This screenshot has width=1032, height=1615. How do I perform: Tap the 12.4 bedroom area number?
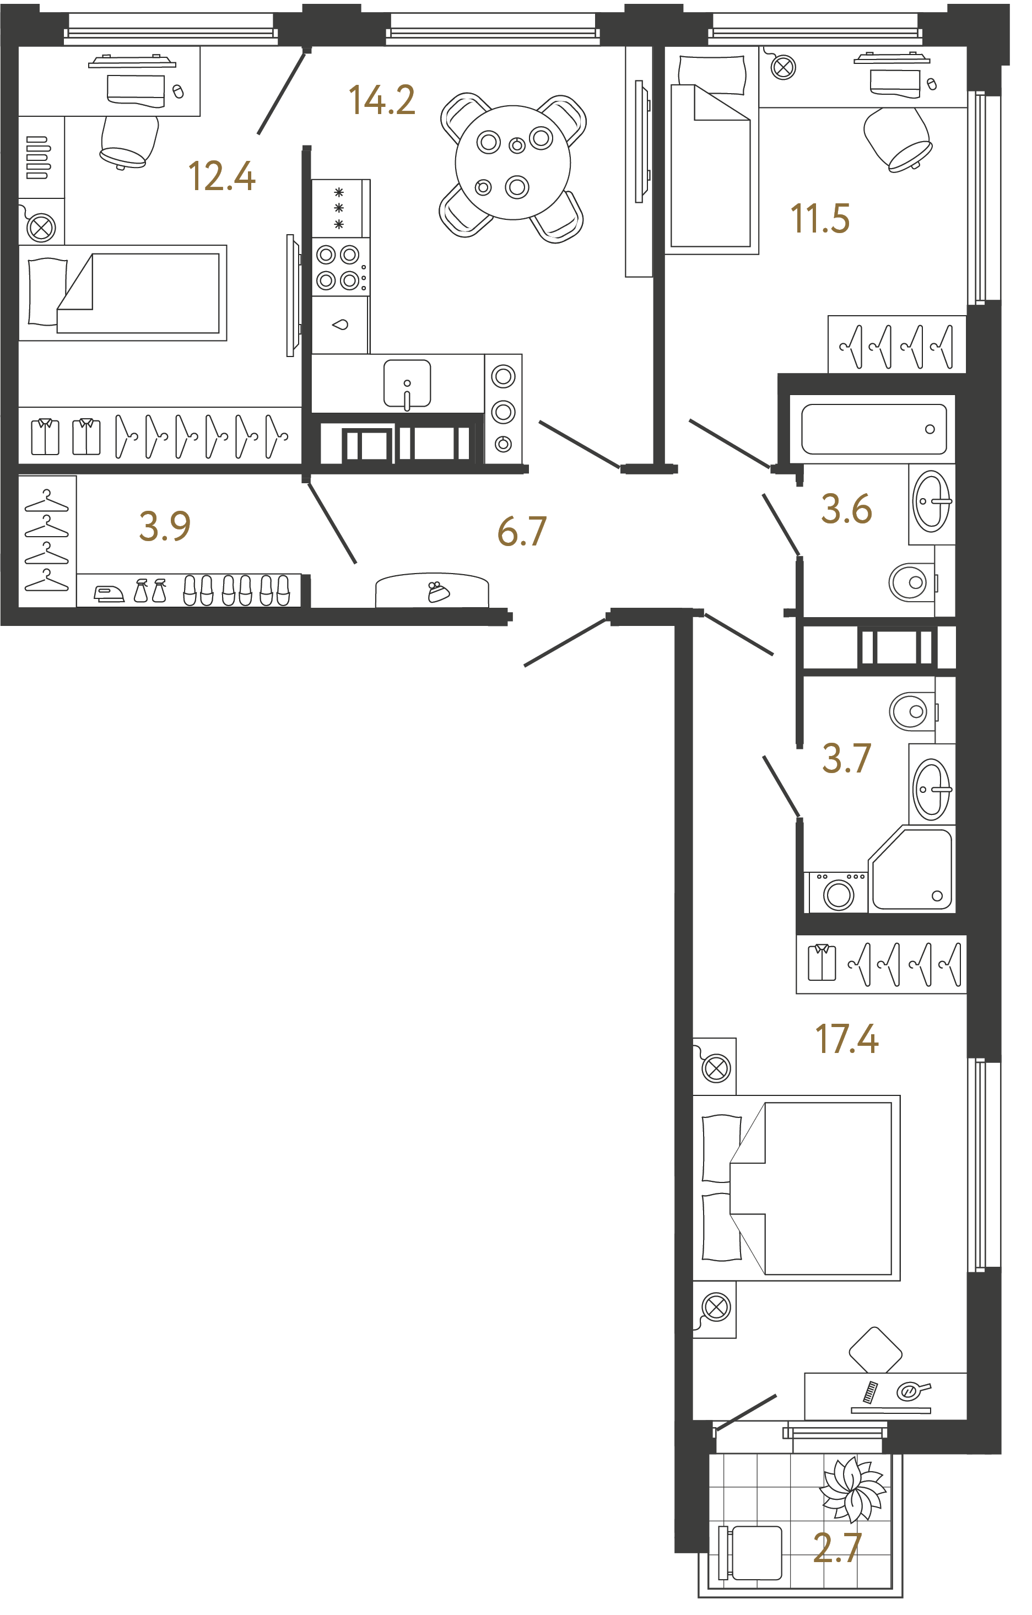pos(221,176)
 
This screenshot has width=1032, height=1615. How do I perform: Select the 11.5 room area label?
pos(819,219)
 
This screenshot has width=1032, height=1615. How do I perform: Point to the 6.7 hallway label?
pos(522,531)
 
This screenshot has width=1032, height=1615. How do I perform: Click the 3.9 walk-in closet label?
pos(164,526)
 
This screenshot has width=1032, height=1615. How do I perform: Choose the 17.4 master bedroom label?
pos(846,1039)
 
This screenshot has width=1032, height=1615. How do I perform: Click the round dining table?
pos(512,163)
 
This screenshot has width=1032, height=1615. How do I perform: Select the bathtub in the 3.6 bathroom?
pos(873,429)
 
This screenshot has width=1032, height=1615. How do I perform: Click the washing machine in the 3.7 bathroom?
pos(838,893)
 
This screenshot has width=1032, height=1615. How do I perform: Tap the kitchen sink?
pos(407,384)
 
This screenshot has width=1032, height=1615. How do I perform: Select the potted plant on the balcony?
pos(853,1488)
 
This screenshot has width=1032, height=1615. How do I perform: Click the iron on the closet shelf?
pos(109,593)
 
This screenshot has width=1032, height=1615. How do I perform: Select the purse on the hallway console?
pos(438,592)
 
